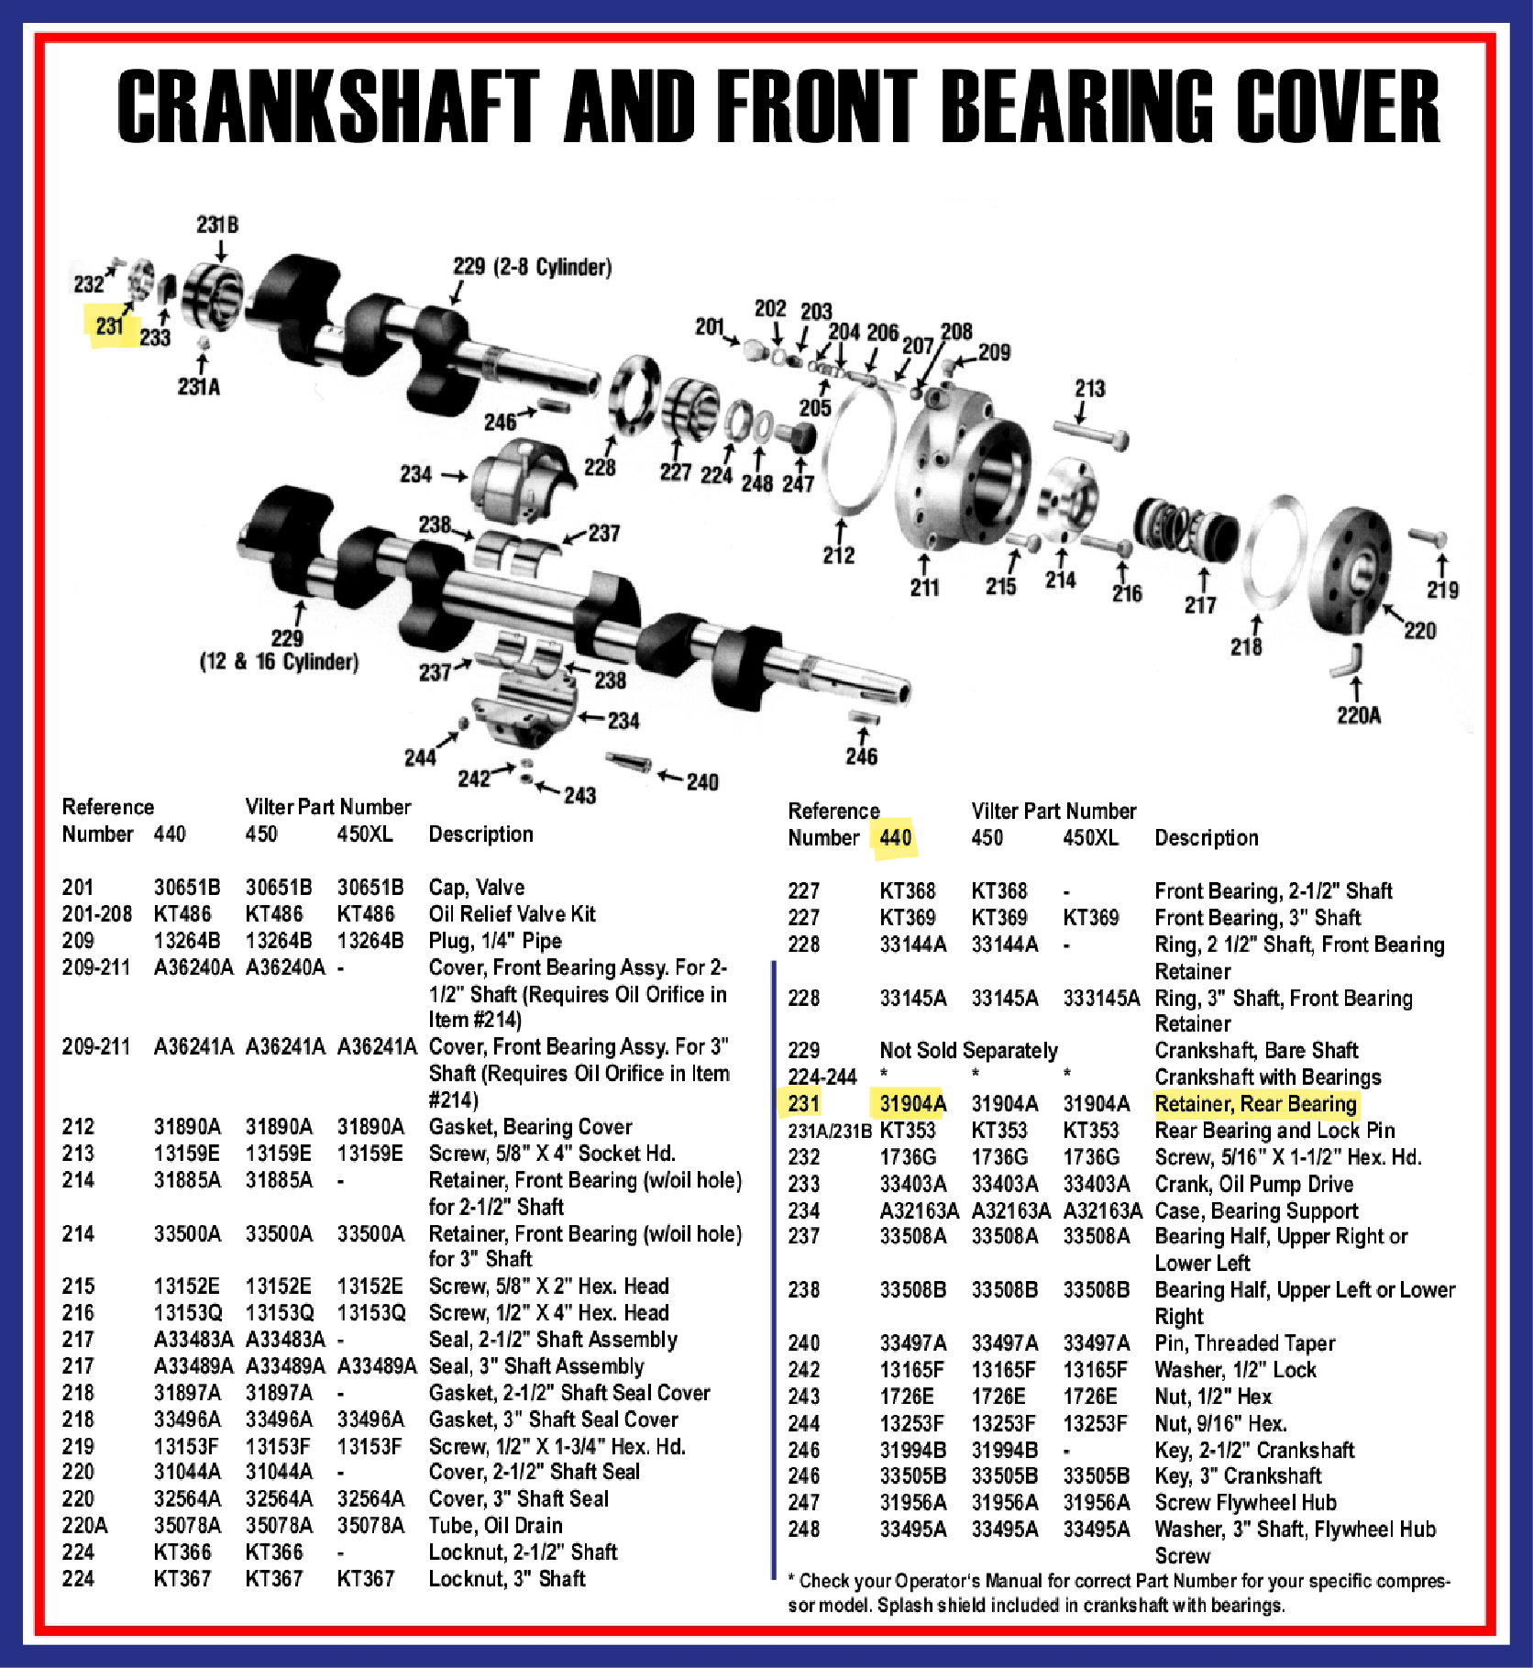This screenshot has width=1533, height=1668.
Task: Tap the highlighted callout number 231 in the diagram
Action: (x=109, y=326)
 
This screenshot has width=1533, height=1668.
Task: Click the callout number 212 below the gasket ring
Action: (x=839, y=555)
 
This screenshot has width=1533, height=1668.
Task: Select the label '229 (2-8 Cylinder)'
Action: (x=532, y=267)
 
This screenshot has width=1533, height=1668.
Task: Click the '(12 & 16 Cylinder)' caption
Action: (x=279, y=661)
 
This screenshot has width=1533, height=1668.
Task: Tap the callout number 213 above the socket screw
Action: (x=1089, y=389)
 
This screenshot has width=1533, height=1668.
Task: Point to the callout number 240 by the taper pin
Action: (x=702, y=782)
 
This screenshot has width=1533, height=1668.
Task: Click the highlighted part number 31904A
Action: (x=912, y=1104)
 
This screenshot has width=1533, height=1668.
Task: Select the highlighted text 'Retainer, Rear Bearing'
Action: (x=1255, y=1104)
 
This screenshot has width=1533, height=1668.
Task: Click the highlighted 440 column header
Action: (x=895, y=837)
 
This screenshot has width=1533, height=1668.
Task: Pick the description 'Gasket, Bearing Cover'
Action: (x=530, y=1127)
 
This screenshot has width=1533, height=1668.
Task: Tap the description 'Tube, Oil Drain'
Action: (x=495, y=1526)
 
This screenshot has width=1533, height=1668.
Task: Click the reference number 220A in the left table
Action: (x=84, y=1526)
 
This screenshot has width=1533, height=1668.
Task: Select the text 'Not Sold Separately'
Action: (x=968, y=1051)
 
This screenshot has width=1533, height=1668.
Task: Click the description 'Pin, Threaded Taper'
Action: (x=1244, y=1343)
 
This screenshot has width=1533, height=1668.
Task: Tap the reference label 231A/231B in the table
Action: (x=830, y=1132)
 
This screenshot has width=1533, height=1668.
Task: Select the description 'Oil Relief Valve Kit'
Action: (x=512, y=914)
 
